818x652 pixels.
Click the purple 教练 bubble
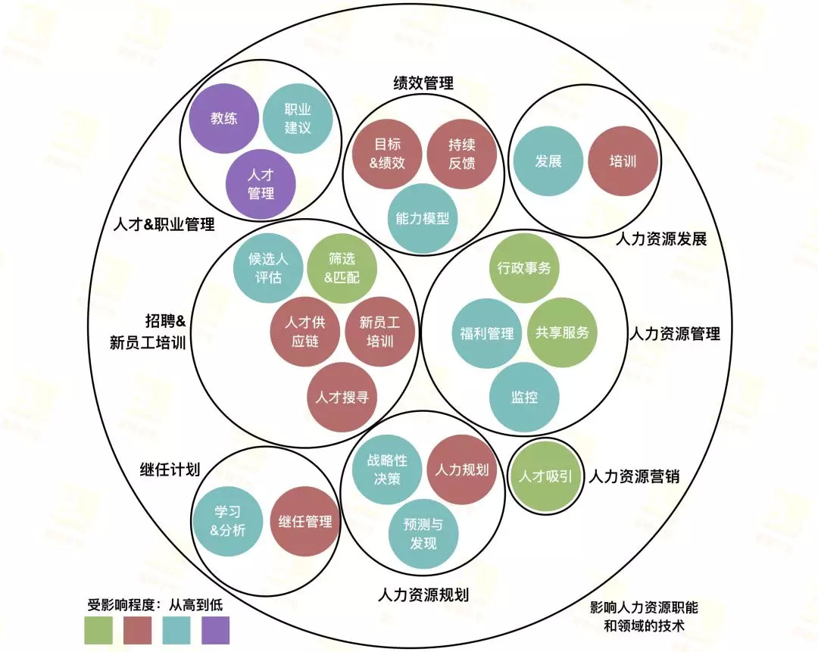(224, 118)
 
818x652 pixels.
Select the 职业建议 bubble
(298, 118)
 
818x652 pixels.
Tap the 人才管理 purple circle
(261, 184)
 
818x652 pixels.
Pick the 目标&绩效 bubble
(387, 153)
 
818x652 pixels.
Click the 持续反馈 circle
(461, 153)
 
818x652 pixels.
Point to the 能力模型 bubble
(423, 218)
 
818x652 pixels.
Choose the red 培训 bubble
(623, 161)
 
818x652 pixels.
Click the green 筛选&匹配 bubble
(342, 268)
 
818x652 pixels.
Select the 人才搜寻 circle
(342, 397)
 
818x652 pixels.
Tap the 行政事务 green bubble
(524, 267)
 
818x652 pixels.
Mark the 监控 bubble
(524, 397)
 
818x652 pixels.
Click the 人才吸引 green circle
(544, 477)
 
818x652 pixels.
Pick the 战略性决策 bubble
(387, 470)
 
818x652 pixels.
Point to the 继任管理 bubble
(305, 522)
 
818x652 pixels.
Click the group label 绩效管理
(423, 83)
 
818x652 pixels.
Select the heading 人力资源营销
(634, 477)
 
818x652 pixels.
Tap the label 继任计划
(170, 470)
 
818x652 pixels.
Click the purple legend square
(215, 630)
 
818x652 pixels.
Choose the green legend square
(98, 630)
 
